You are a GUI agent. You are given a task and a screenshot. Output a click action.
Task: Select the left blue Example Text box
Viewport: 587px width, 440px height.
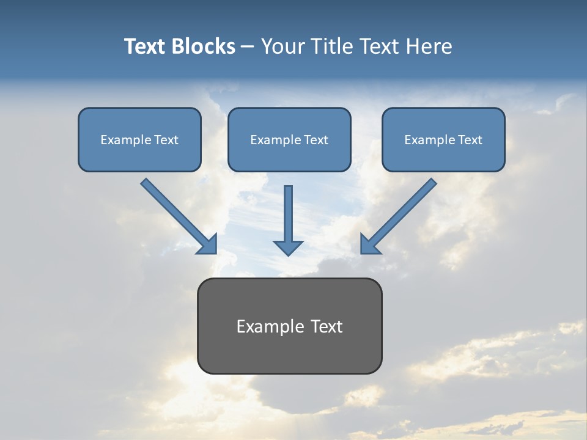click(x=139, y=139)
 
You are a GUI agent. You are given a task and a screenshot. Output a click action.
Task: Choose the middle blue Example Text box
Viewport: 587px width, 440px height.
click(x=289, y=139)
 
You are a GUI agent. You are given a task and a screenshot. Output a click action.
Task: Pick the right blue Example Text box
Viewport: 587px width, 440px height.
click(x=443, y=139)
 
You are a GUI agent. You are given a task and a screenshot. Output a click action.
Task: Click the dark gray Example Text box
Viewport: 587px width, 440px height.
click(x=289, y=326)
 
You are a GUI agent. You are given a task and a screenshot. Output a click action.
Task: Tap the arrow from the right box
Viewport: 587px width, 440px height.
click(x=401, y=213)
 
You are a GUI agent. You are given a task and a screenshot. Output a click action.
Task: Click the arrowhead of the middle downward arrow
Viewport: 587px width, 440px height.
click(x=288, y=247)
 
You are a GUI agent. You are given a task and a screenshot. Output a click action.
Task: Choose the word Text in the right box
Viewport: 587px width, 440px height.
click(x=470, y=140)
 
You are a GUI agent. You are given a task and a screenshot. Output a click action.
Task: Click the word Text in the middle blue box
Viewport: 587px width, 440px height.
click(x=316, y=140)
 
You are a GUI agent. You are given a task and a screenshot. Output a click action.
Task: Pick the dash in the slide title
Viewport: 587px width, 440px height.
click(x=248, y=46)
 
